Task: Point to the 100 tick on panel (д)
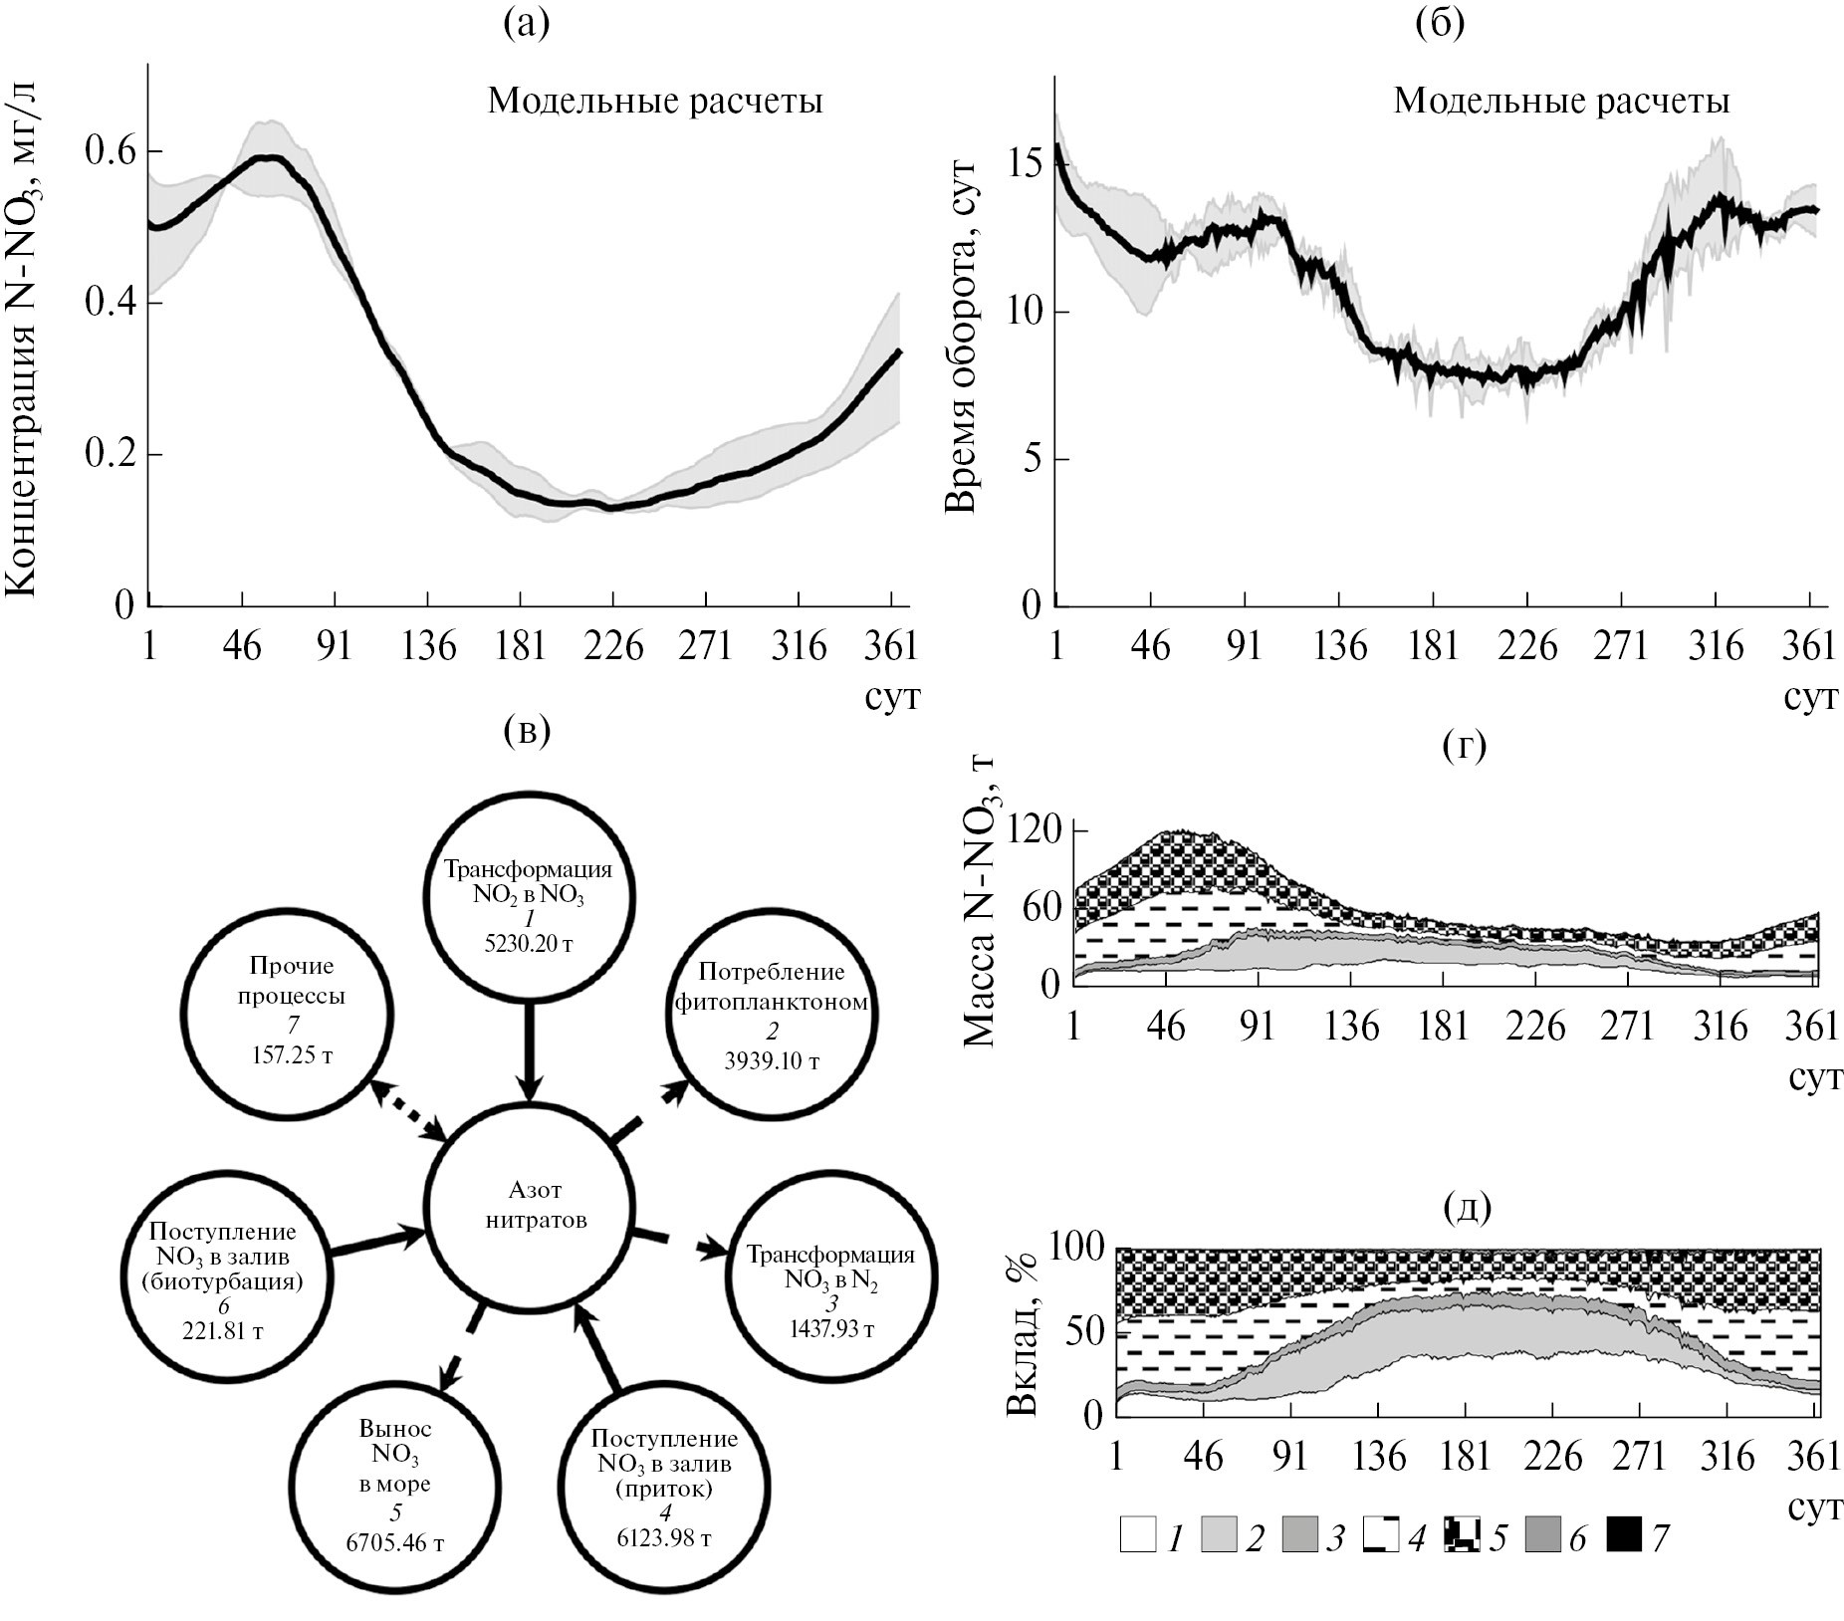pyautogui.click(x=1076, y=1248)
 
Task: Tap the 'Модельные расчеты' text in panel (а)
pyautogui.click(x=654, y=103)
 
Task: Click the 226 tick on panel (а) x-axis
pyautogui.click(x=613, y=647)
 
